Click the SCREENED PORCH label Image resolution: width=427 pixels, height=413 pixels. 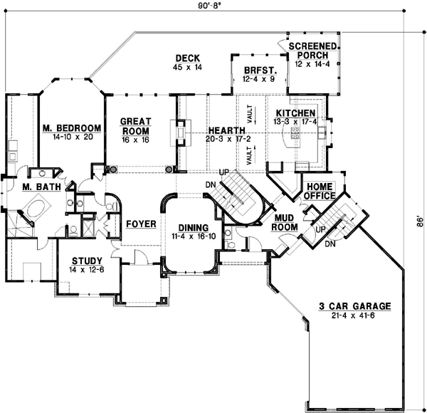click(313, 51)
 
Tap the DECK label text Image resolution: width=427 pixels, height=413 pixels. click(188, 58)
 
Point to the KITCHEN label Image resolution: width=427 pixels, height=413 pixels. click(290, 113)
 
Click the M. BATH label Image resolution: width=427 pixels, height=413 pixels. click(36, 187)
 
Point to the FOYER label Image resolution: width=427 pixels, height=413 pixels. click(141, 224)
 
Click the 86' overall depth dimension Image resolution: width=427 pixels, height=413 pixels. click(418, 221)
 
